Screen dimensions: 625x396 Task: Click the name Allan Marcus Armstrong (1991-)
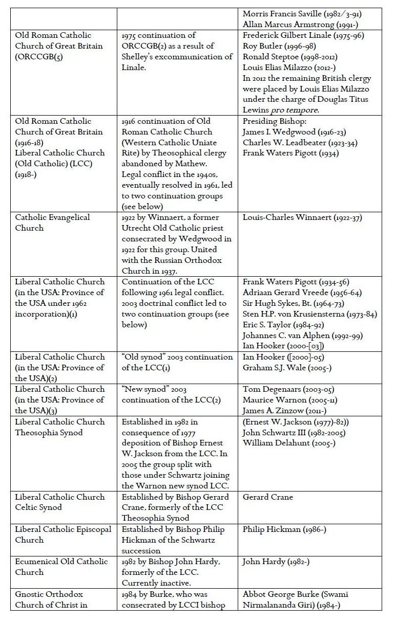(x=290, y=24)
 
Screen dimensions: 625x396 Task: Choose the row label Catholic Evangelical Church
(x=52, y=222)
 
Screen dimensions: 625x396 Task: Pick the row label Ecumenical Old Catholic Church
(x=61, y=567)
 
